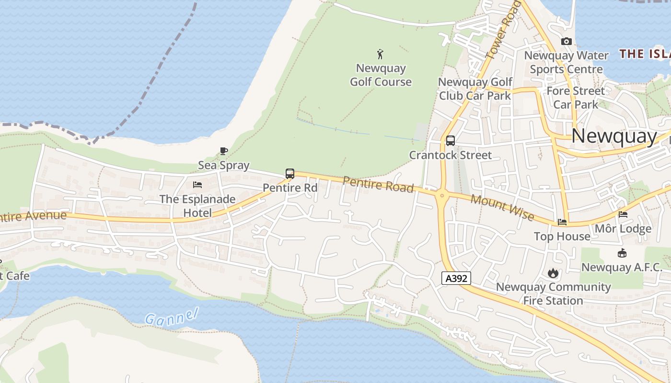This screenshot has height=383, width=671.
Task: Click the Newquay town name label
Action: [614, 136]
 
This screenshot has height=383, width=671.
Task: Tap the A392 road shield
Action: [456, 278]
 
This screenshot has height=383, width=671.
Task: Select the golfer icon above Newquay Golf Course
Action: [381, 54]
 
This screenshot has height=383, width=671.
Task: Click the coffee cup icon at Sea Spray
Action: [224, 151]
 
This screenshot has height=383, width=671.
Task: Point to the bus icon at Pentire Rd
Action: [290, 174]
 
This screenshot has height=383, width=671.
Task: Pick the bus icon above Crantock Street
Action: [450, 141]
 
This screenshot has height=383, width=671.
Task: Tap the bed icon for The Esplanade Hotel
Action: [197, 185]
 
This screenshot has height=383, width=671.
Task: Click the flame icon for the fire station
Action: [553, 273]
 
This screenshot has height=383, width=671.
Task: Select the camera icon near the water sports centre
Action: [567, 42]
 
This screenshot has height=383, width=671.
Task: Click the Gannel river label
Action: [171, 317]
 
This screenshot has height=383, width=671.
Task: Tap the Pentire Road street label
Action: [378, 184]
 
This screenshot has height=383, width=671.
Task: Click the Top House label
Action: [562, 237]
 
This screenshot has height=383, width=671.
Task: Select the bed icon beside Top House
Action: [562, 222]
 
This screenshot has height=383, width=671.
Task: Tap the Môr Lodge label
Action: [623, 229]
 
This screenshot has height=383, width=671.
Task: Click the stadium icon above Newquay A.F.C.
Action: [622, 253]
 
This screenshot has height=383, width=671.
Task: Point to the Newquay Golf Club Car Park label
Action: [475, 89]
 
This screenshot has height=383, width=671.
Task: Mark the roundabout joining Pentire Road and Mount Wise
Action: [441, 195]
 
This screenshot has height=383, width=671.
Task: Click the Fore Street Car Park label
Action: [576, 98]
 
